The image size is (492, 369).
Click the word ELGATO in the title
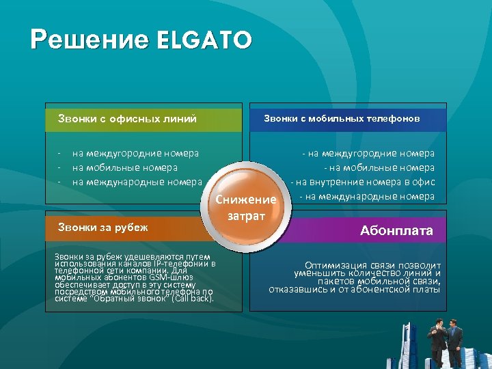[204, 40]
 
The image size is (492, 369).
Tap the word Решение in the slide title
[90, 40]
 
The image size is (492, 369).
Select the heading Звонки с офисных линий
[127, 119]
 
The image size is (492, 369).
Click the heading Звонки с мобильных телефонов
[342, 119]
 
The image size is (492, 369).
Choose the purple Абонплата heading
[396, 231]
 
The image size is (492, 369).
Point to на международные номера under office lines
[137, 182]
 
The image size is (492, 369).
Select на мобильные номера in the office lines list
[124, 167]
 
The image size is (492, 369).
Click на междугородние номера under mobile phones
[369, 154]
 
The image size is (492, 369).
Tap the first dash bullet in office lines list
[59, 154]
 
